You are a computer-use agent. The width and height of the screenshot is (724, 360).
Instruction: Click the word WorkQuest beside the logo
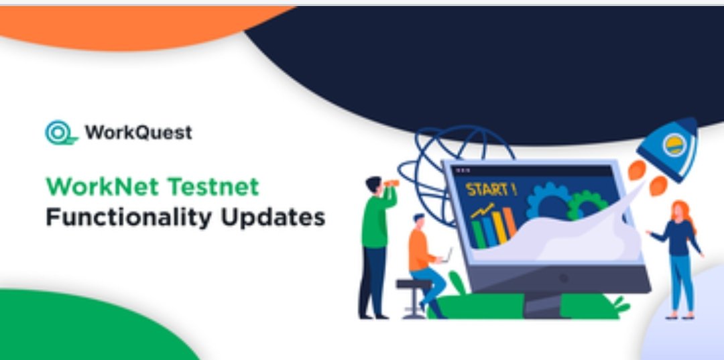pyautogui.click(x=139, y=133)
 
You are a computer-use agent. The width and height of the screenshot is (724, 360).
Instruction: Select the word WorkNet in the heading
pyautogui.click(x=102, y=187)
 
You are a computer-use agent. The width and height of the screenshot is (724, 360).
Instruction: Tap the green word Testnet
pyautogui.click(x=213, y=187)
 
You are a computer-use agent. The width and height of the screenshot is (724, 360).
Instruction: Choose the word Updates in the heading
pyautogui.click(x=273, y=217)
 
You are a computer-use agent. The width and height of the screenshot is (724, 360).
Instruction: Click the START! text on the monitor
pyautogui.click(x=491, y=189)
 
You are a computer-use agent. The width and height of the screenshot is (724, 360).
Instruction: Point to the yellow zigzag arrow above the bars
pyautogui.click(x=483, y=211)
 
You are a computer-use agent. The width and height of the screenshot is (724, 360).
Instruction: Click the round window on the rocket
pyautogui.click(x=674, y=145)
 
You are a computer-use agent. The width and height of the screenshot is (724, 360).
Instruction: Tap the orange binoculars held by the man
pyautogui.click(x=391, y=183)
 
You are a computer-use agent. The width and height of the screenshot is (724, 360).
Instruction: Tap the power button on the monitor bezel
pyautogui.click(x=563, y=278)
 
